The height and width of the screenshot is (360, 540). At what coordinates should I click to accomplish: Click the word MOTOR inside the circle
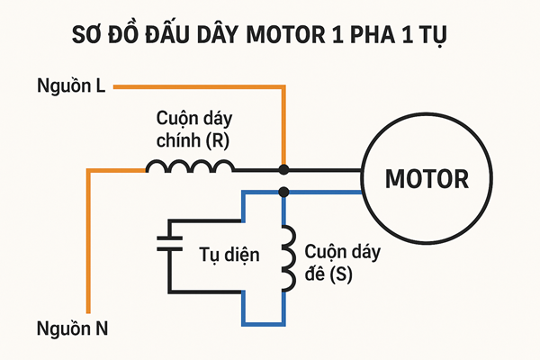[x=427, y=179]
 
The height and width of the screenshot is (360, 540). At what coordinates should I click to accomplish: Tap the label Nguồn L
[x=71, y=86]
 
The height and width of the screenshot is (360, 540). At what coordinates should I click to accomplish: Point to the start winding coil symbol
[x=287, y=258]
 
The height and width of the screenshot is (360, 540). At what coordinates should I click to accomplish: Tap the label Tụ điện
[x=229, y=255]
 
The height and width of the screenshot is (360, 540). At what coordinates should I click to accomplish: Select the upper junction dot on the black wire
[x=283, y=169]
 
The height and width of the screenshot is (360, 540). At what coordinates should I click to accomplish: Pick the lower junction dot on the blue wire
[x=283, y=191]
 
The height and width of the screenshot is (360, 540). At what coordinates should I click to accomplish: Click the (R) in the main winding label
[x=218, y=140]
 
